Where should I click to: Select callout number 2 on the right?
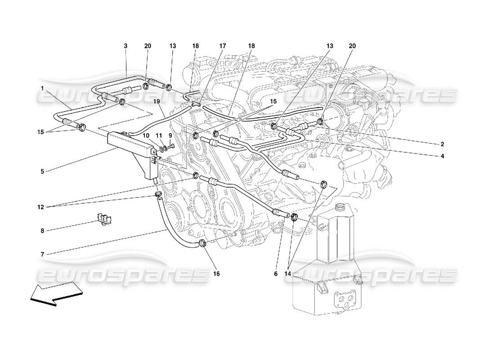(x=442, y=144)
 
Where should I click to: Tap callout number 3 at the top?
(x=126, y=46)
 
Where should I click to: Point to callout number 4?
(x=442, y=156)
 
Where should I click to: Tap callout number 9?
(x=171, y=135)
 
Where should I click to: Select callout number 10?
(x=146, y=135)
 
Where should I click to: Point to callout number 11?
(x=158, y=135)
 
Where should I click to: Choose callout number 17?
(x=223, y=46)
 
